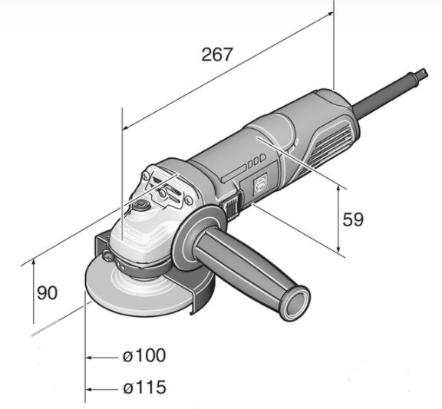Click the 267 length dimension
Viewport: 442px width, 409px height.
click(x=217, y=54)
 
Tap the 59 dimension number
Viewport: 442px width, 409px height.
click(x=353, y=219)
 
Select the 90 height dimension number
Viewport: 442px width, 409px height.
click(x=47, y=292)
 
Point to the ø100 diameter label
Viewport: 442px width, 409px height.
click(x=144, y=355)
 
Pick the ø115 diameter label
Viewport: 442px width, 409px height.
click(x=144, y=388)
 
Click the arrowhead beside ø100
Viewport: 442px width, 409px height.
click(x=89, y=358)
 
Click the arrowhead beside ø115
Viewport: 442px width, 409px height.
click(x=89, y=390)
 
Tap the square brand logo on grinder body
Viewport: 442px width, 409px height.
click(x=260, y=185)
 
